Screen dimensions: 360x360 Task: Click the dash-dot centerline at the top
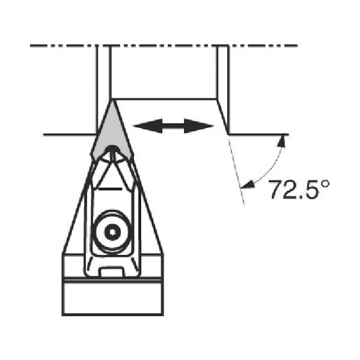(162, 45)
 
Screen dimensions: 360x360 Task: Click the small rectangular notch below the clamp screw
(112, 274)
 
